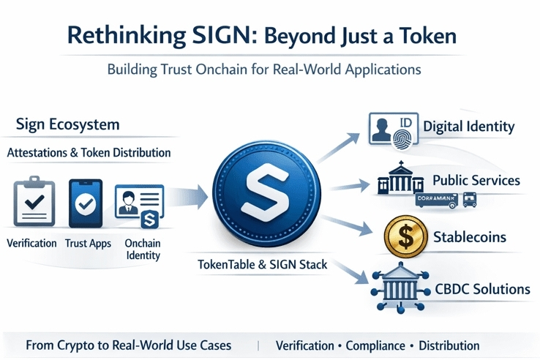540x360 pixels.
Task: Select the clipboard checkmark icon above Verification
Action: pyautogui.click(x=34, y=203)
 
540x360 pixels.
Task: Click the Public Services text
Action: pyautogui.click(x=476, y=179)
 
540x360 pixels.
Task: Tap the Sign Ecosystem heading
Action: pyautogui.click(x=67, y=124)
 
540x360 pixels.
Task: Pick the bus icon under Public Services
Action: pyautogui.click(x=468, y=198)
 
